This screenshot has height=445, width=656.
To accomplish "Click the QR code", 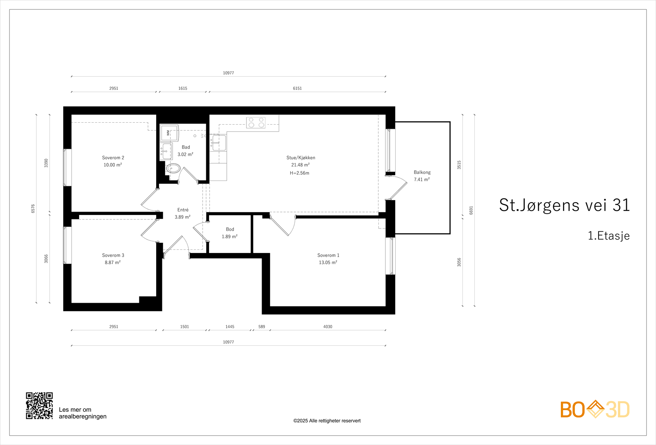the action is coord(39,406).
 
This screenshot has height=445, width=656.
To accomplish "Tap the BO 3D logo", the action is coord(595,409).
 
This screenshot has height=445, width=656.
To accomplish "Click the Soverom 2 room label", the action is coord(113,157).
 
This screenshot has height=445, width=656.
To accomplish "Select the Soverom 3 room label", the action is coord(113,255).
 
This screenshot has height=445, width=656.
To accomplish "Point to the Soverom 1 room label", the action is coord(328,255).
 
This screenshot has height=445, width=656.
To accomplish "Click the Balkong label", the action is coord(422,172).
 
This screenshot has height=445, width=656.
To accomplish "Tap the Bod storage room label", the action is coord(230,229).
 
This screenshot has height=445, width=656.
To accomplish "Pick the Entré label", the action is coord(183,210).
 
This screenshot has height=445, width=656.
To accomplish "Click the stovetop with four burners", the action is coord(256,123).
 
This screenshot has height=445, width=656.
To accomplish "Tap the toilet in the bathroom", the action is coord(173,169).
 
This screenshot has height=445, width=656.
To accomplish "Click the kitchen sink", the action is coord(219,143).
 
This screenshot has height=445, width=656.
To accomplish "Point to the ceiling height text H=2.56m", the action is coord(299,173).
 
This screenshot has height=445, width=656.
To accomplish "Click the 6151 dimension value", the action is coord(297,88).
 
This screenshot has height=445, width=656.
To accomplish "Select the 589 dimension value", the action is coord(262,326).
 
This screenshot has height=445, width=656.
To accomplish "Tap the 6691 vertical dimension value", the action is coord(471,210).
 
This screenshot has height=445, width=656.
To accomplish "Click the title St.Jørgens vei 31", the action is coord(564,205).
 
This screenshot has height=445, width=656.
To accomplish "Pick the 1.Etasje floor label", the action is coord(608,236).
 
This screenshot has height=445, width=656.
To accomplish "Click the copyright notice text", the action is coord(327,421).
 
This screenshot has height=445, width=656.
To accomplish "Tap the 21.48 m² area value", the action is coord(301,165).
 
